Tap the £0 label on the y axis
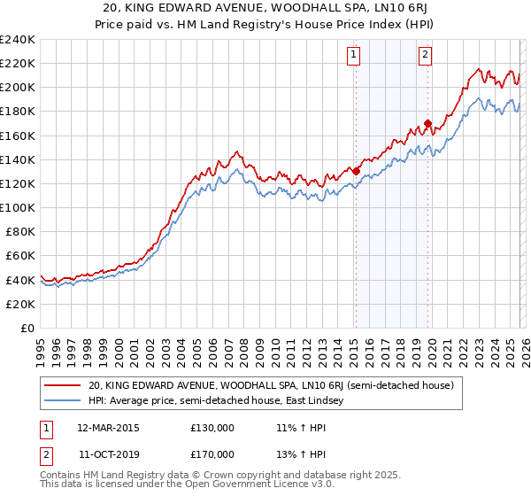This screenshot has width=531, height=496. click(x=28, y=328)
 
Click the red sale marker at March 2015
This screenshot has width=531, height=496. click(x=356, y=172)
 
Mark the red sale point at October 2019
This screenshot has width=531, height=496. click(x=427, y=124)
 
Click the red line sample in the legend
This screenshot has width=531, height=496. click(x=64, y=385)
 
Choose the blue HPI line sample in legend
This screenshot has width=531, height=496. click(x=64, y=401)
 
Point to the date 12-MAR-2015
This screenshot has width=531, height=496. click(x=107, y=427)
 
